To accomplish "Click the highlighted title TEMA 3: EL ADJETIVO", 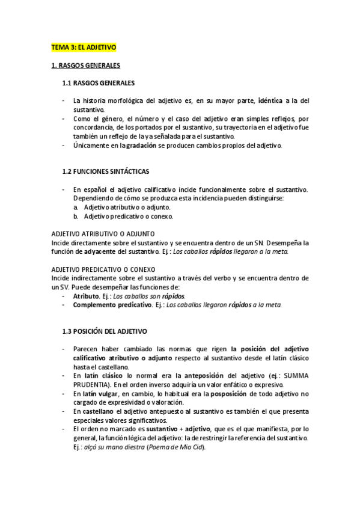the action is pyautogui.click(x=84, y=46).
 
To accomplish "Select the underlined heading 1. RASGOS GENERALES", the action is pyautogui.click(x=85, y=64).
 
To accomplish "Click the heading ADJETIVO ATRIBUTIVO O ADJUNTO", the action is pyautogui.click(x=103, y=234).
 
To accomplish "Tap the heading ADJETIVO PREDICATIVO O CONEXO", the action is pyautogui.click(x=104, y=269).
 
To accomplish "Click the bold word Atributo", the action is pyautogui.click(x=86, y=296).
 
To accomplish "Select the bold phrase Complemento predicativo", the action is pyautogui.click(x=111, y=305).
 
